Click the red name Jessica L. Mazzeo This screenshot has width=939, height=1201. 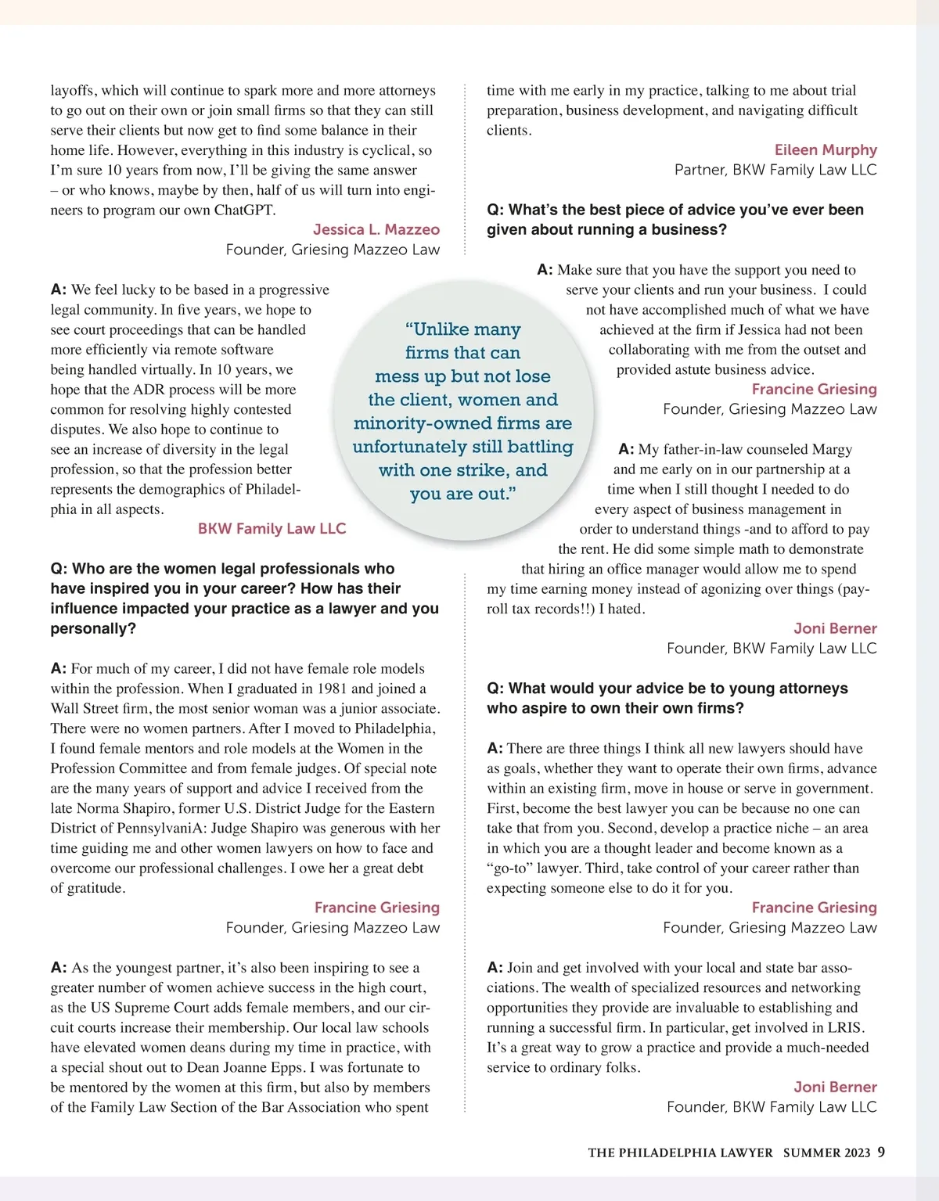376,229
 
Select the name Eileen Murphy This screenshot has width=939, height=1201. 826,149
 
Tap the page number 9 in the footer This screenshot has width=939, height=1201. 881,1152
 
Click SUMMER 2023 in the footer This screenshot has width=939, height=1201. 826,1152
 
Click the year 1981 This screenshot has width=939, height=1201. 332,689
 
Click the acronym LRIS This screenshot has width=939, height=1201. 846,1027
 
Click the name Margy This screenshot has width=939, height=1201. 832,449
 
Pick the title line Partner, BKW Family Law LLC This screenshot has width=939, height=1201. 775,170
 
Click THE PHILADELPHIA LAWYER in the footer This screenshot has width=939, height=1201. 680,1152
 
